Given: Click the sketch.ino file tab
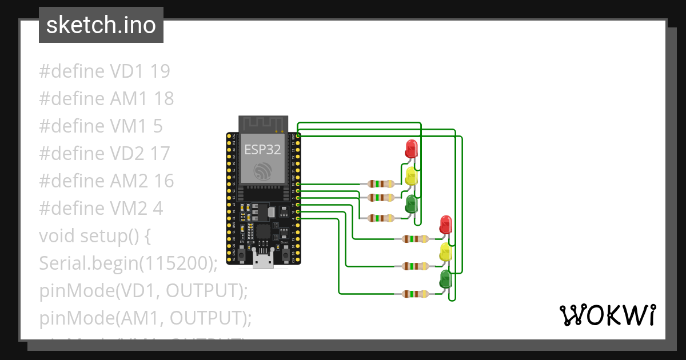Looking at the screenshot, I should (101, 25).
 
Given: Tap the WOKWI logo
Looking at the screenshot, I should (607, 315).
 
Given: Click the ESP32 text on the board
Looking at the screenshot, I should (262, 150).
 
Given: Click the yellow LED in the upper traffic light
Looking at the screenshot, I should (411, 175).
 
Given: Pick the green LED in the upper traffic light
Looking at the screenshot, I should (411, 203).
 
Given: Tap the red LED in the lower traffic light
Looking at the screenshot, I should (445, 224).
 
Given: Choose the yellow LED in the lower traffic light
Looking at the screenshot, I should (445, 251).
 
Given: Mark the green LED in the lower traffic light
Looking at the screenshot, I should (445, 279).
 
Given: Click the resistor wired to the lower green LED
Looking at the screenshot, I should (414, 294).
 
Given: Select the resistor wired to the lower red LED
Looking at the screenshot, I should (414, 239).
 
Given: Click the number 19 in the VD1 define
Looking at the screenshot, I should (160, 71).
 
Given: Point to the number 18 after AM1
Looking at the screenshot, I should (163, 99).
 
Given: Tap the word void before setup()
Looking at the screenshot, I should (57, 236).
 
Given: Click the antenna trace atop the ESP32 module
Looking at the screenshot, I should (262, 123).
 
